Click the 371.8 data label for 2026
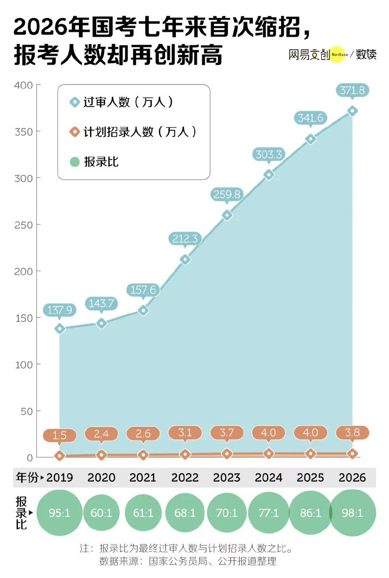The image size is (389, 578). coord(352,90)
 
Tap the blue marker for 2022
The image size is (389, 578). coord(185,259)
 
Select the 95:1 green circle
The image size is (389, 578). coord(60,513)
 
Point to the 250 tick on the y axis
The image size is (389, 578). coord(24,225)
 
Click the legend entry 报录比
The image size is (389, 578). coord(101,162)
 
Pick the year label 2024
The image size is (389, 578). coord(268,478)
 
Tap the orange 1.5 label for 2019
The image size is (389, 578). coord(60,436)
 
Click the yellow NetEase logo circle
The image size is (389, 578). coord(338,54)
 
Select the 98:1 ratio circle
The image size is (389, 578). coord(353,513)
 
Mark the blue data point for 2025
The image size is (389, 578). coord(310,139)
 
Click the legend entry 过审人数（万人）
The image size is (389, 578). coord(128,102)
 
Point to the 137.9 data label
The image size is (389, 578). coord(60,310)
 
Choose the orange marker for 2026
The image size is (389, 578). coord(353,454)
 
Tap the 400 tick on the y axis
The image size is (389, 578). coord(24,85)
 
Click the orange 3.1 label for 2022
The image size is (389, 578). coord(185,433)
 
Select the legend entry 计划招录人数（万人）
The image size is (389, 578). coord(139,132)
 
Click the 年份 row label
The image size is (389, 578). coord(27,478)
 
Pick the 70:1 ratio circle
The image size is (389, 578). coord(227,513)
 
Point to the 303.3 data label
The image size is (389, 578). coord(268,155)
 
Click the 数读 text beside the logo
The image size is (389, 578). coord(366,54)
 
